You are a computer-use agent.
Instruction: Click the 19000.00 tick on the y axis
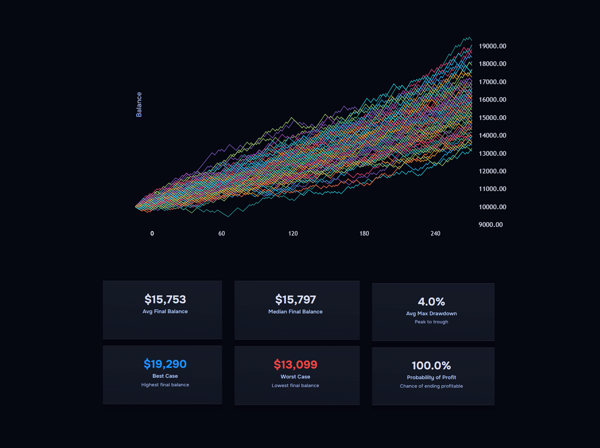492,46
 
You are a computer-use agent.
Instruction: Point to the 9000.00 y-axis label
490,225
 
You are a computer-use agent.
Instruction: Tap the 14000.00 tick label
492,135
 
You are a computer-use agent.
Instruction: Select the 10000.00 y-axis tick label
492,207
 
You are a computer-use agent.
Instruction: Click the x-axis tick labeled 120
293,233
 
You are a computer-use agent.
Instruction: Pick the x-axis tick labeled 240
435,233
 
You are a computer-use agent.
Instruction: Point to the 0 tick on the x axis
152,233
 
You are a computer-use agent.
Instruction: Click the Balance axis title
139,105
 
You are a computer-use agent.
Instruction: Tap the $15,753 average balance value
165,299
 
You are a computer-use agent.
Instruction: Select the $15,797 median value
295,300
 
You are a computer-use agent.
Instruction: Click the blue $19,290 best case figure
165,364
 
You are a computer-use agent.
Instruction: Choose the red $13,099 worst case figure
295,365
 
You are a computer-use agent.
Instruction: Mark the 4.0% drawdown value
431,302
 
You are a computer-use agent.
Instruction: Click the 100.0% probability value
431,366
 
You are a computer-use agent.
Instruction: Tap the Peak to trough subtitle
431,322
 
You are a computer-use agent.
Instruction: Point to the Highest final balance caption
165,385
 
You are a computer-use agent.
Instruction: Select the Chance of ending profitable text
431,386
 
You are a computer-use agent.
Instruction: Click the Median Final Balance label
295,312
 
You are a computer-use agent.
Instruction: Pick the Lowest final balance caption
295,386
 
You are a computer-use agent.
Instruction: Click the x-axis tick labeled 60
222,233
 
